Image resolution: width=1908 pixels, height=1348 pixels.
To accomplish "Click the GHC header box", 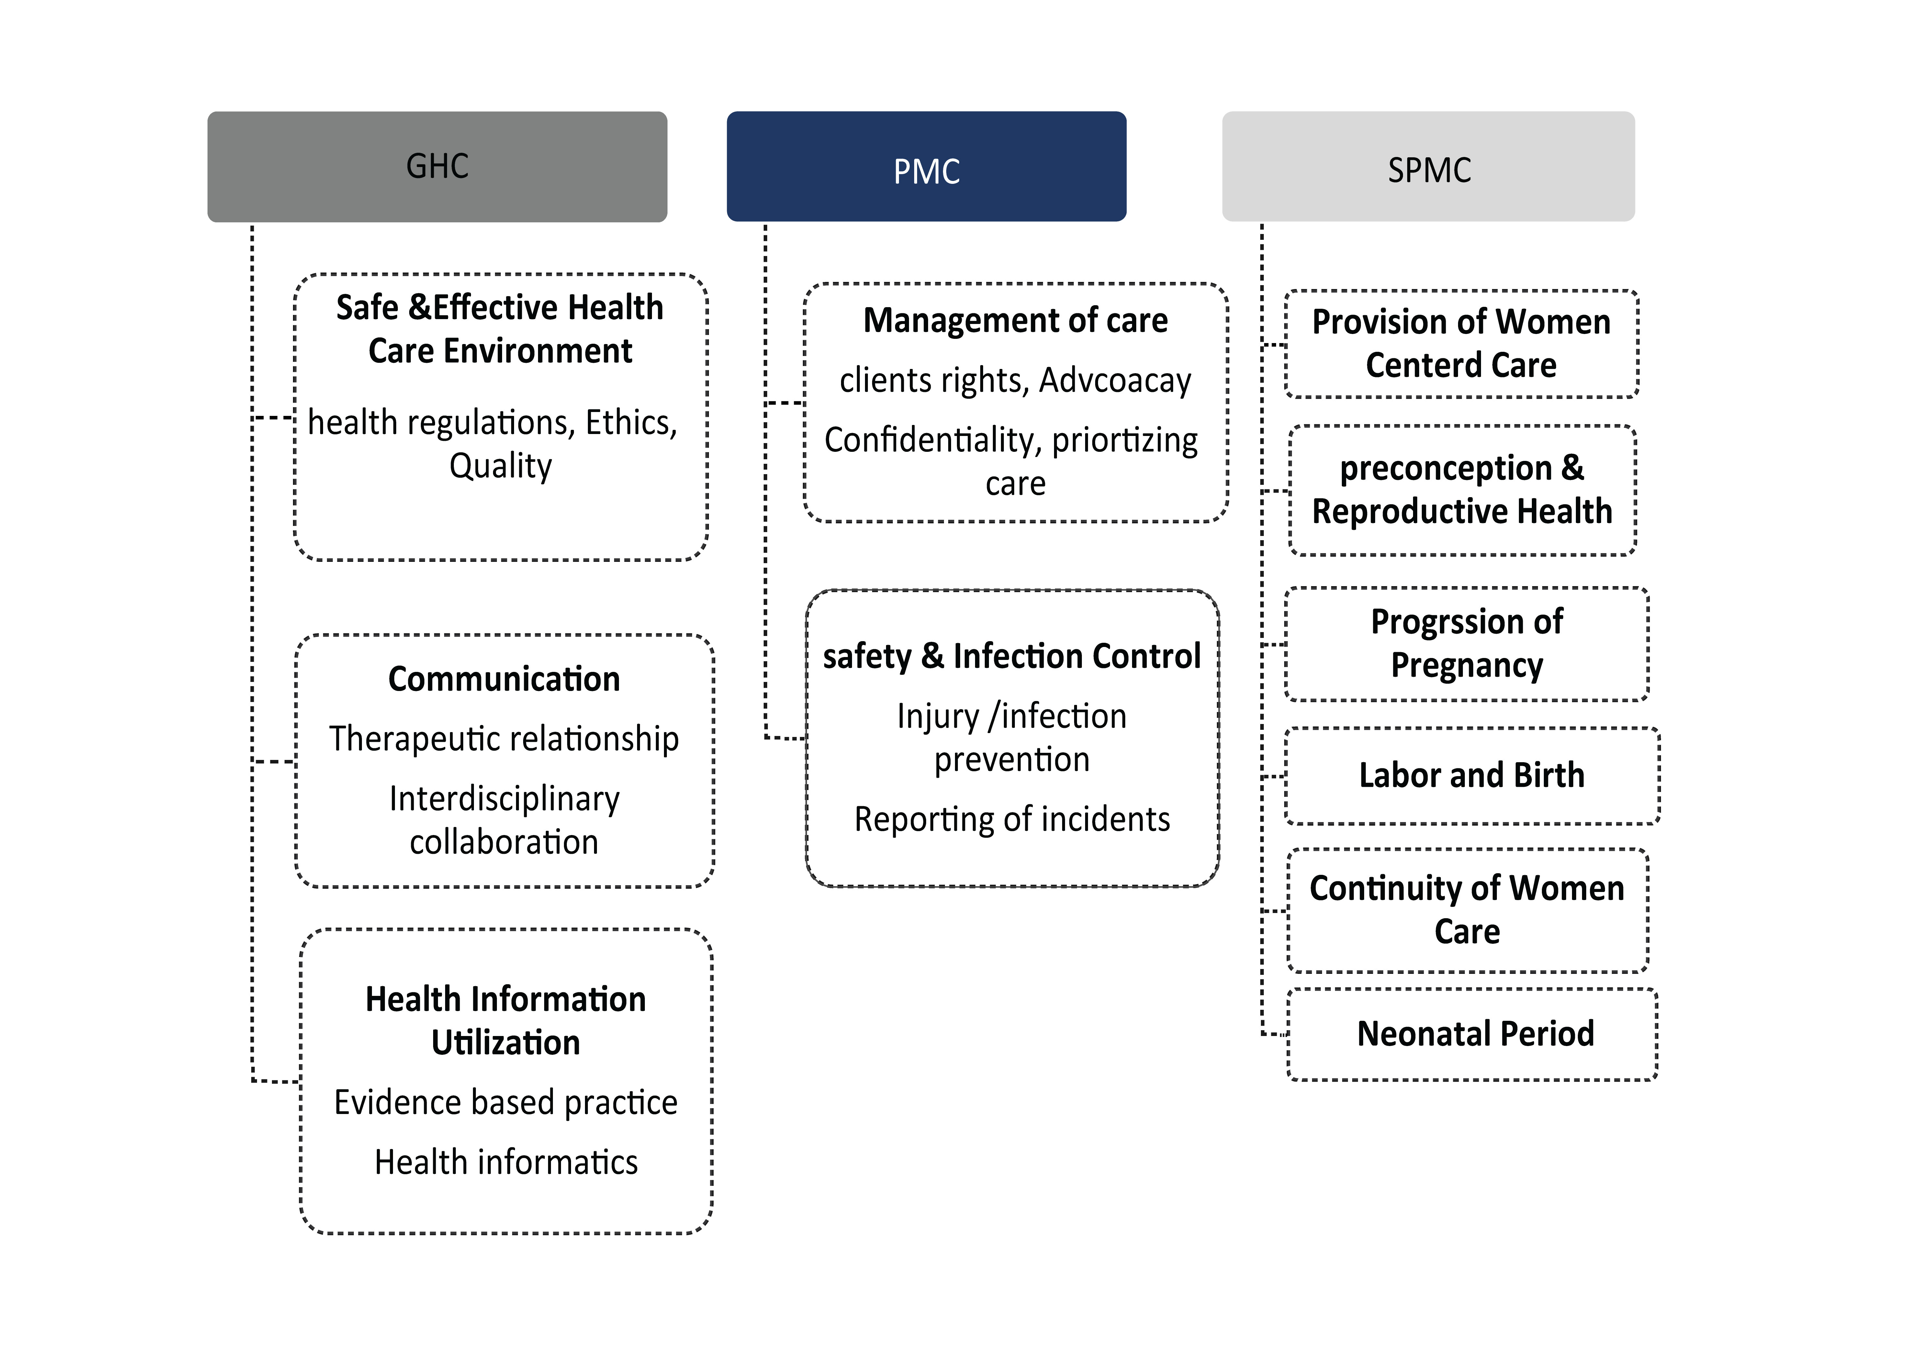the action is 437,166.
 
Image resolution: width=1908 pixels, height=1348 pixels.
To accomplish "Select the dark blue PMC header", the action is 926,166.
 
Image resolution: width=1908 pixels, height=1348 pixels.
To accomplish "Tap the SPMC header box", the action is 1429,166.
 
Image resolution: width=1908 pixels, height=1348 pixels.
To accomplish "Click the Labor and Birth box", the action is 1472,775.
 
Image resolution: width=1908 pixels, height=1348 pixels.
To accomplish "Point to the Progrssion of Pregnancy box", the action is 1467,644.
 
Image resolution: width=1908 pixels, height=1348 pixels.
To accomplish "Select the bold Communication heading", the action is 504,679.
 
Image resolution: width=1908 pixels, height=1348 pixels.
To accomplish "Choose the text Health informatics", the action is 506,1162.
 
